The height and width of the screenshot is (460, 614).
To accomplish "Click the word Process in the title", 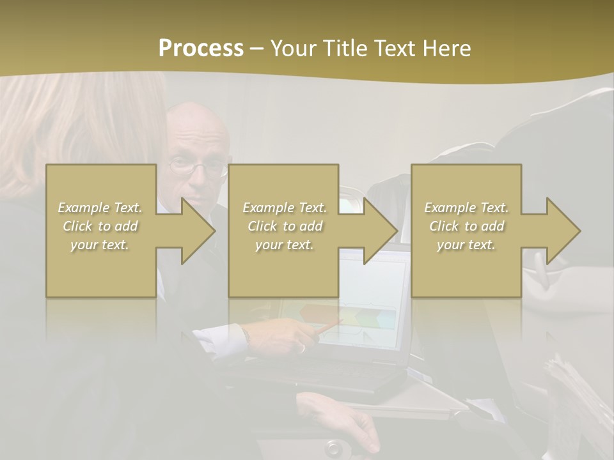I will coord(201,49).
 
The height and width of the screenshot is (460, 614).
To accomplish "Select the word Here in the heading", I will coord(445,49).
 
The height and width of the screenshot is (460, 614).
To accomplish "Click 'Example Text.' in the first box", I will coord(100,208).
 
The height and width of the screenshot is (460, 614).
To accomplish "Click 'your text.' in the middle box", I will coord(284,245).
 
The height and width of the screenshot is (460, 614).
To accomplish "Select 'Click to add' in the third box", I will coord(467,226).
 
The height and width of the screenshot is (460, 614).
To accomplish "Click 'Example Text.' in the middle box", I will coord(284,208).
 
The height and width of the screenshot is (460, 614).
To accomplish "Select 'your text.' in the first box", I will coord(100,245).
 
